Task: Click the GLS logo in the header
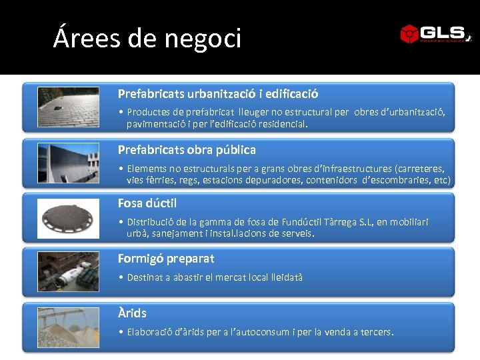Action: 435,33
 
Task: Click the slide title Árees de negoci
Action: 147,39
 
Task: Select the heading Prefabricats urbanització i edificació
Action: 218,94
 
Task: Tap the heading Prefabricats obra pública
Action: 187,149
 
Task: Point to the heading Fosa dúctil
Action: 147,203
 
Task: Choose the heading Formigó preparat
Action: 166,258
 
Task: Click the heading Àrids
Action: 132,313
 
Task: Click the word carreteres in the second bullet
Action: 421,169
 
